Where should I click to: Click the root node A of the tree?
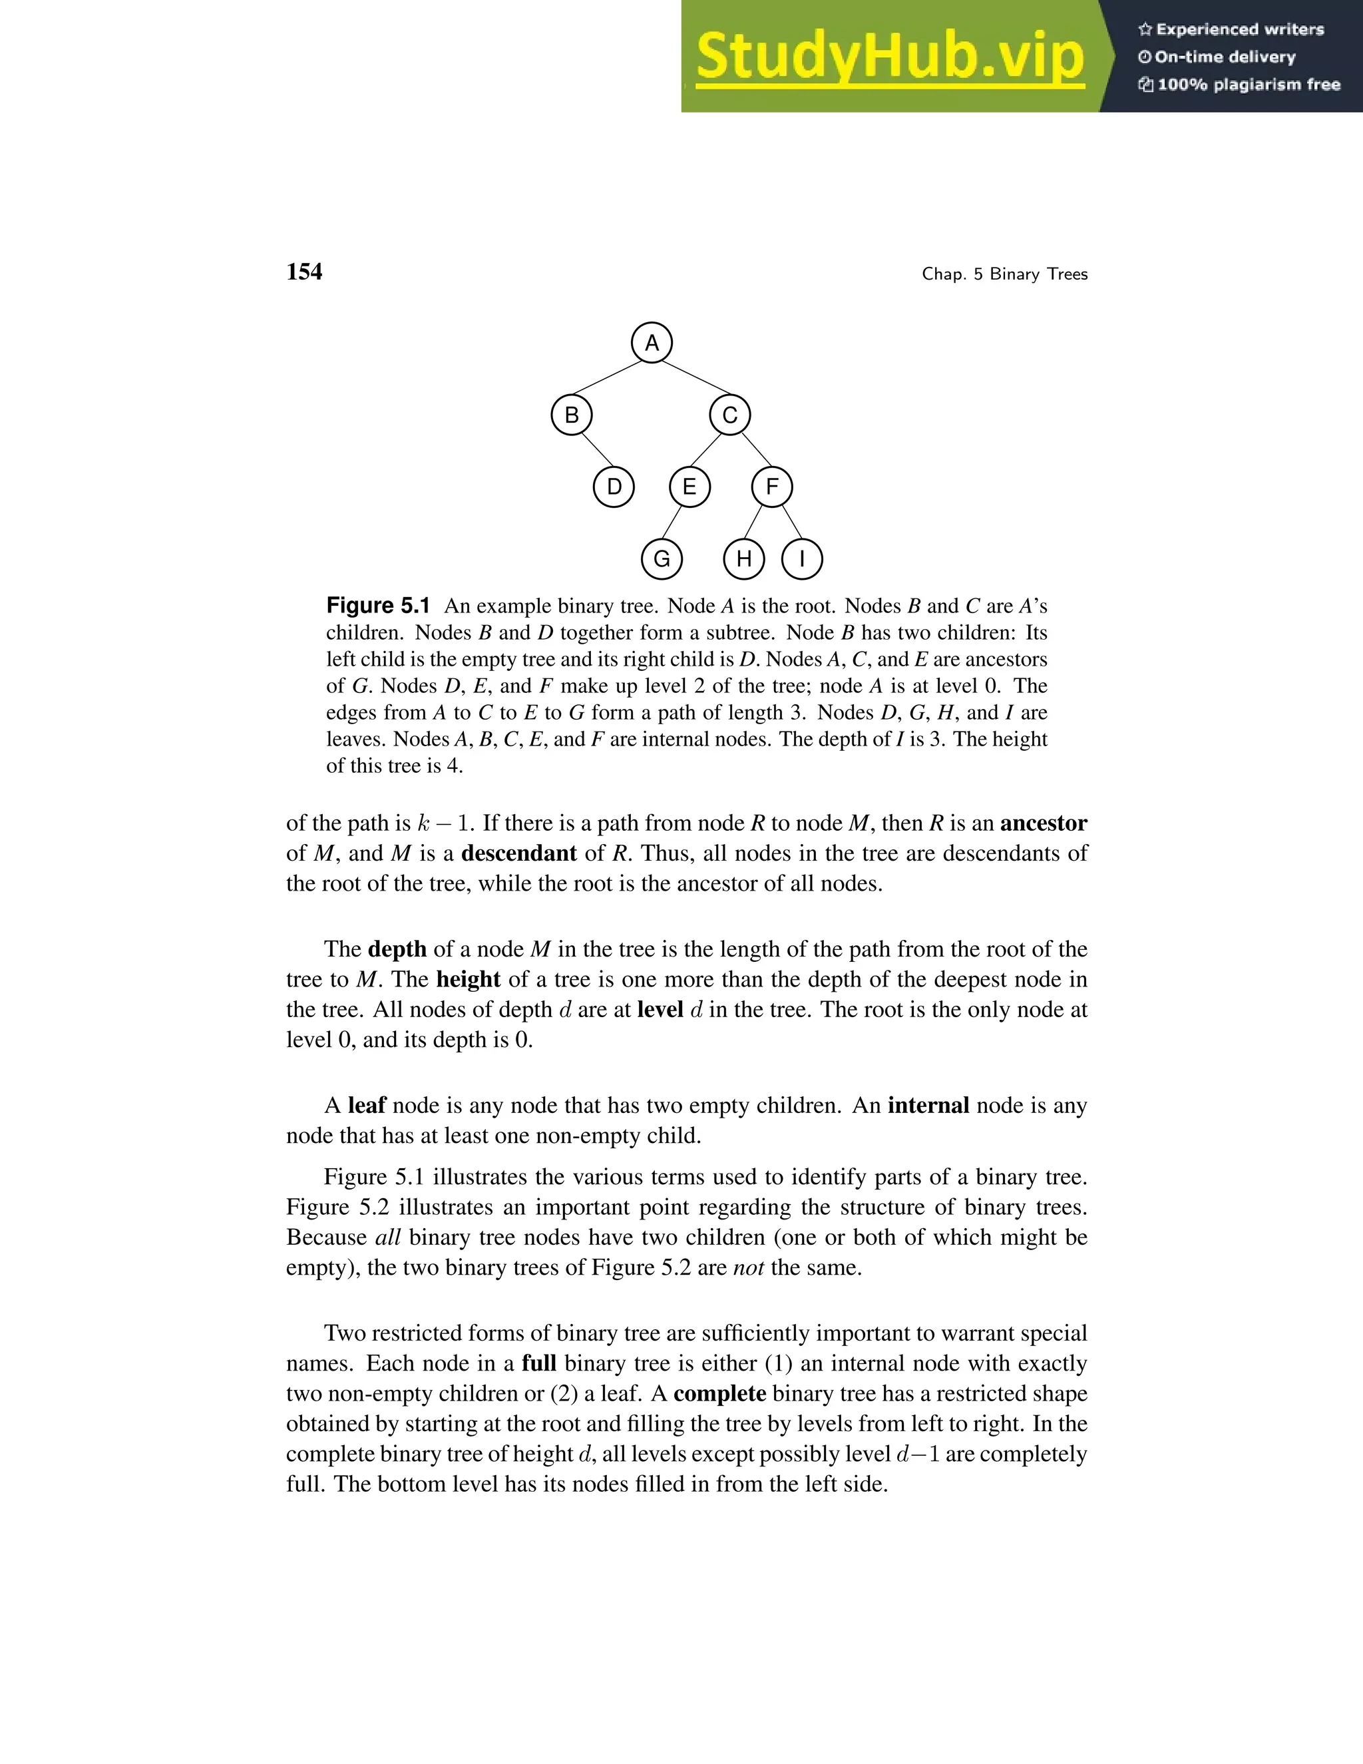652,343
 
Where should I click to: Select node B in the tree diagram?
572,415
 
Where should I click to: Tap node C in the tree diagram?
730,415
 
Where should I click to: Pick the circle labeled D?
614,487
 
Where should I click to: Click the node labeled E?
689,487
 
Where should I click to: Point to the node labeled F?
772,487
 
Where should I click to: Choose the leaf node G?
662,559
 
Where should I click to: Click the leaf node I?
802,559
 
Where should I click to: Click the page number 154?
303,272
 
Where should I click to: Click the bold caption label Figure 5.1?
378,606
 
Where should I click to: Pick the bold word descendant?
518,854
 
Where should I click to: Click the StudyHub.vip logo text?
889,57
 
